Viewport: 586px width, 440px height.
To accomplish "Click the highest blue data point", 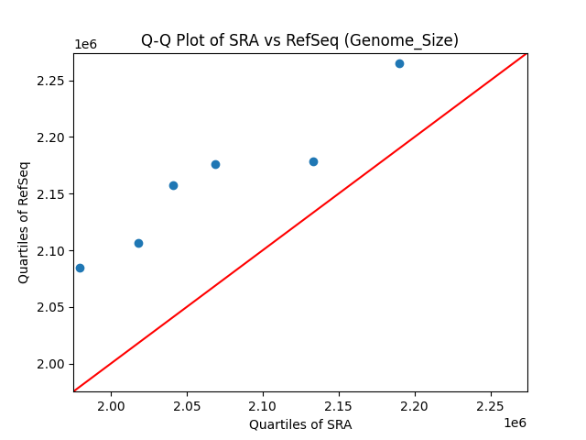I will (399, 63).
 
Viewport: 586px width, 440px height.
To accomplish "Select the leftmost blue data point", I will (80, 268).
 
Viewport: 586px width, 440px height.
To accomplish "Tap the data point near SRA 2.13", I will (313, 161).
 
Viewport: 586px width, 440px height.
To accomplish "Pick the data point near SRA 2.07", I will (215, 164).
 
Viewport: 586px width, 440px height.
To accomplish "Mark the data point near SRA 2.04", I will (173, 185).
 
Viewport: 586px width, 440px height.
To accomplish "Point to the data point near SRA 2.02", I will (138, 243).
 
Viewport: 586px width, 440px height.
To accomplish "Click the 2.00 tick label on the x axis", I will (111, 406).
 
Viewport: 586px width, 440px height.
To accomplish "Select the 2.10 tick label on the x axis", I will (263, 406).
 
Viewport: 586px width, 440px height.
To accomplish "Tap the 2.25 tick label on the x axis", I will (490, 406).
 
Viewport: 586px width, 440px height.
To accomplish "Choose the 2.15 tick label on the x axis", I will (339, 406).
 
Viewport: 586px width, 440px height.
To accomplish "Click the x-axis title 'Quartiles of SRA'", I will (300, 424).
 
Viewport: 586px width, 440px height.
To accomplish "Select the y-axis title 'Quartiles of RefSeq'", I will (24, 222).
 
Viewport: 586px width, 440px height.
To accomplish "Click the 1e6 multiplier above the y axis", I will (85, 45).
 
